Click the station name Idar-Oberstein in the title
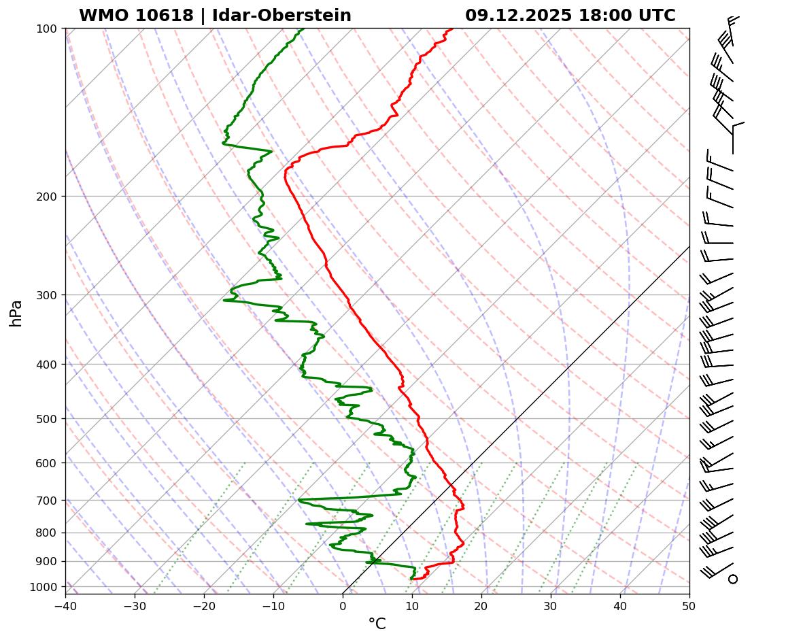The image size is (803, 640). tap(281, 16)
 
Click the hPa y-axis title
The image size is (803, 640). tap(16, 313)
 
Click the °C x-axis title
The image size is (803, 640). tap(377, 624)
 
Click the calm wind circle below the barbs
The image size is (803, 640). tap(732, 579)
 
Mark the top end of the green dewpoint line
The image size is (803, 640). tap(303, 29)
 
